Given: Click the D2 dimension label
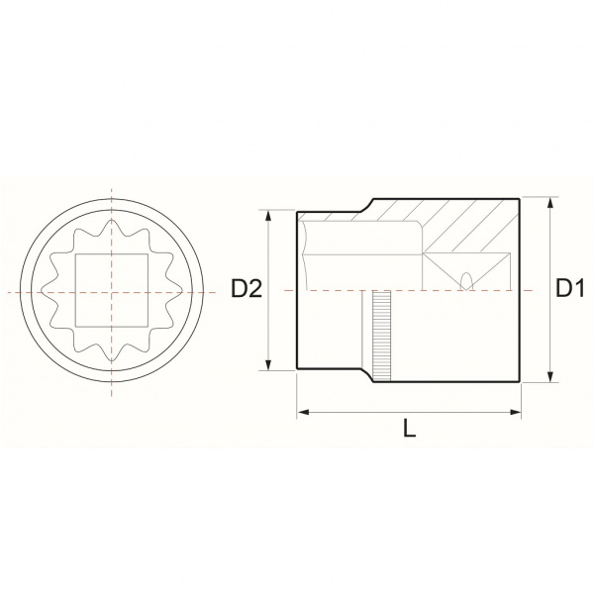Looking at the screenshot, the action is click(x=247, y=289).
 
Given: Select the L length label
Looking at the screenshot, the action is click(x=409, y=429).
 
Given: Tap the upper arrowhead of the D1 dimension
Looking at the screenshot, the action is click(x=551, y=202).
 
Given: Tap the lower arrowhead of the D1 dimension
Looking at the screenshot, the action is click(x=551, y=377).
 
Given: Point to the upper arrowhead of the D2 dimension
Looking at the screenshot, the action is click(x=268, y=215).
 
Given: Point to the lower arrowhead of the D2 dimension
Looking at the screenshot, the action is click(x=268, y=364).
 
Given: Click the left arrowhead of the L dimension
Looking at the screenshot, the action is click(x=302, y=412).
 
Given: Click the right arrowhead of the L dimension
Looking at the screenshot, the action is click(x=516, y=412).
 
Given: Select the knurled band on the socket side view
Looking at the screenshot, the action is click(x=381, y=336).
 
